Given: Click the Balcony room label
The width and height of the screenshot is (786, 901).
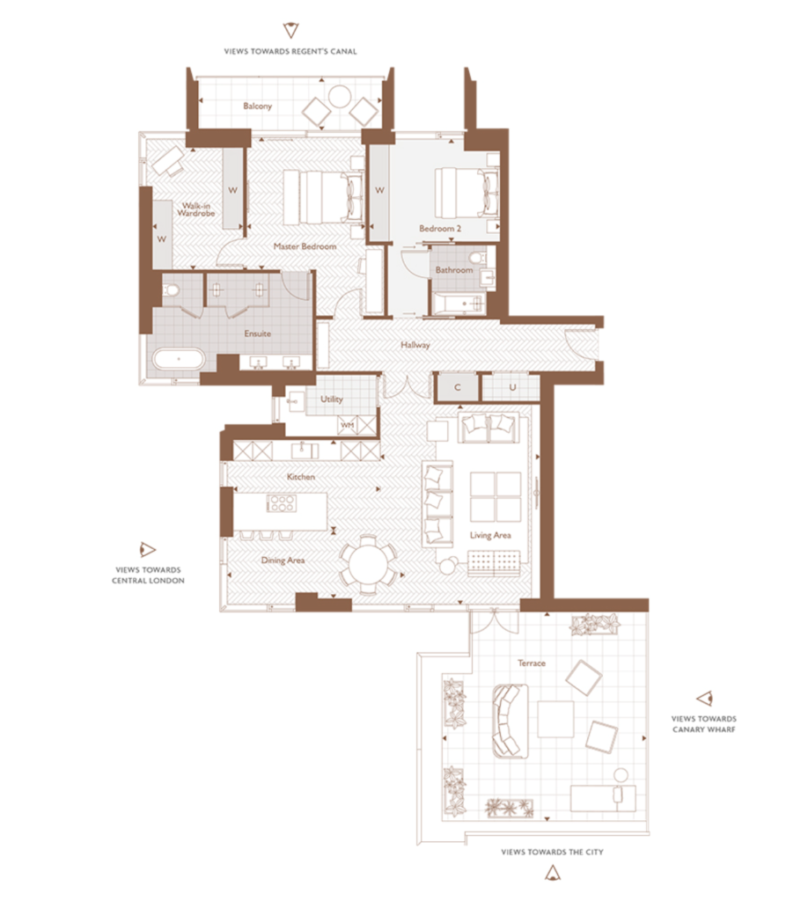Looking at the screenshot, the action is click(257, 106).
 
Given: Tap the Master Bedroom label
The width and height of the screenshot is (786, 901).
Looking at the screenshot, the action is click(305, 246).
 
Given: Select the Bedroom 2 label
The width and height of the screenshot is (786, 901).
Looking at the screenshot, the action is click(440, 228).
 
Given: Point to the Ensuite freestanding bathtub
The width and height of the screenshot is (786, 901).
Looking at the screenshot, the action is click(179, 359).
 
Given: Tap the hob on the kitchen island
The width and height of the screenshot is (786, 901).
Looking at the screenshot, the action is click(282, 503).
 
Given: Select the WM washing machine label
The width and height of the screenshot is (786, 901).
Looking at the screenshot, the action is click(348, 425).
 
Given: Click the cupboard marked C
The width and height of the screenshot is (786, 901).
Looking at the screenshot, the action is click(457, 387).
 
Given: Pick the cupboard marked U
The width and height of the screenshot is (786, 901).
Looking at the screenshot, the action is click(511, 387).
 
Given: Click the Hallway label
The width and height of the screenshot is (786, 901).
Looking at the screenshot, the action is click(415, 345).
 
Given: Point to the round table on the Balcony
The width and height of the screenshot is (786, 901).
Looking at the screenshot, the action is click(340, 96).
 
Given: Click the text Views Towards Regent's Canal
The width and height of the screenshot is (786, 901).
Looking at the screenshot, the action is click(290, 51).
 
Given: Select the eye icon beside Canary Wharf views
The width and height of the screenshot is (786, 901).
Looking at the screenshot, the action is click(705, 698).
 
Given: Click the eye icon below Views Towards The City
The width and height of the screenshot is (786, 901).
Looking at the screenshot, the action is click(553, 874).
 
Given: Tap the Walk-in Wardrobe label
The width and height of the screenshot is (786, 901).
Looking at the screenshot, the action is click(195, 209).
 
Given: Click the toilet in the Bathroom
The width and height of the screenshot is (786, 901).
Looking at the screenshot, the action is click(478, 256).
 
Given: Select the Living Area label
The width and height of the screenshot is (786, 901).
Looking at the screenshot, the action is click(490, 535).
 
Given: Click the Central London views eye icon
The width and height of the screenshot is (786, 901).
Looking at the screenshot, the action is click(148, 550).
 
